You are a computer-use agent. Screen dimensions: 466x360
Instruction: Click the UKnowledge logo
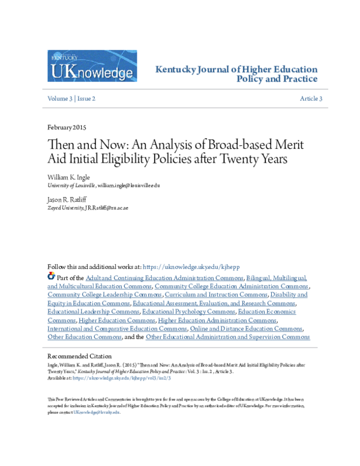point(92,66)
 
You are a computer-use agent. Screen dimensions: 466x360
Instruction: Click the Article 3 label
point(311,98)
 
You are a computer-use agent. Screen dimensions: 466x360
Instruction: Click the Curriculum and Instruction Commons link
point(217,295)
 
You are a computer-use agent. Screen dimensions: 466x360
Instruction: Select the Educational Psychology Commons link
point(188,312)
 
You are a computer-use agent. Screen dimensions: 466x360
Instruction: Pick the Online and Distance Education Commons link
point(246,328)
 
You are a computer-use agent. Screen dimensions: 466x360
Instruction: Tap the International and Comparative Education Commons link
point(117,328)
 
